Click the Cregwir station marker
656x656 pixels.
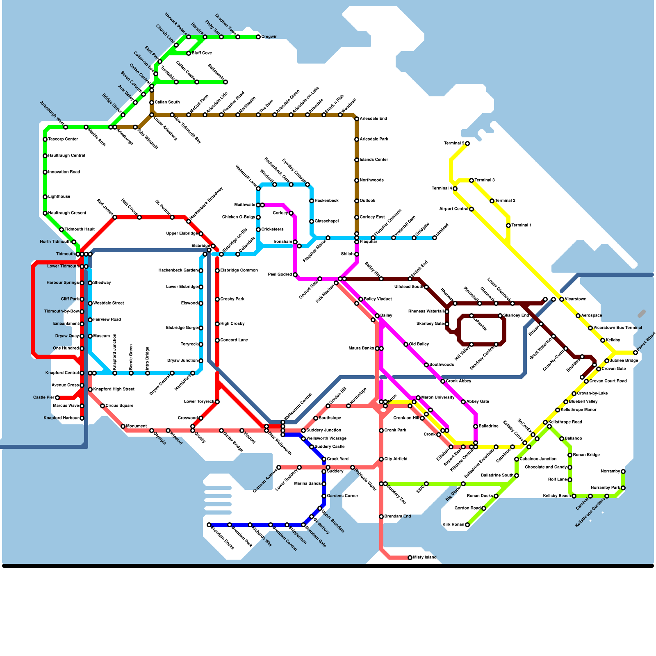[258, 37]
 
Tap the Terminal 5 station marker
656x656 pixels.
[467, 143]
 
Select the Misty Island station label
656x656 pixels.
[425, 558]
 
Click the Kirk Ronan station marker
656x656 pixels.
[467, 525]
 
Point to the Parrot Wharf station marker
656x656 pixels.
[635, 353]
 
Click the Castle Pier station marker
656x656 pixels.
[57, 398]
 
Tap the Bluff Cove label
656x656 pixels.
[202, 53]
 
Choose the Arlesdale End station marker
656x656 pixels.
[357, 119]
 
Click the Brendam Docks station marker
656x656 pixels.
[209, 525]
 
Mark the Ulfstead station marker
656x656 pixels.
[435, 238]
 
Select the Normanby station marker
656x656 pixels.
[623, 471]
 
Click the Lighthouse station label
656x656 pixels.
[59, 197]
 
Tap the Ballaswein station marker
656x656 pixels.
[225, 82]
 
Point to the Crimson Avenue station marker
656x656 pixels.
[279, 467]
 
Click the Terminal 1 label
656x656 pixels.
[521, 225]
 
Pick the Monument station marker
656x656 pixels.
[123, 426]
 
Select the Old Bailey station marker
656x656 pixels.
[406, 344]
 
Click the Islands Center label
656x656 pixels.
[374, 160]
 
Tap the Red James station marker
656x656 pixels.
[115, 217]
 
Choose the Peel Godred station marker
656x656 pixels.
[295, 275]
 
